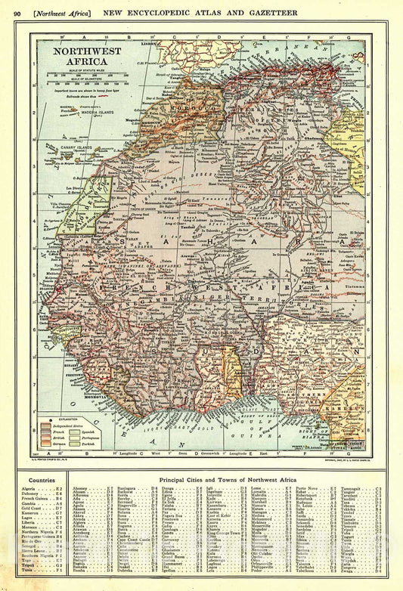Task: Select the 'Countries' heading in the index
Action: (x=41, y=480)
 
